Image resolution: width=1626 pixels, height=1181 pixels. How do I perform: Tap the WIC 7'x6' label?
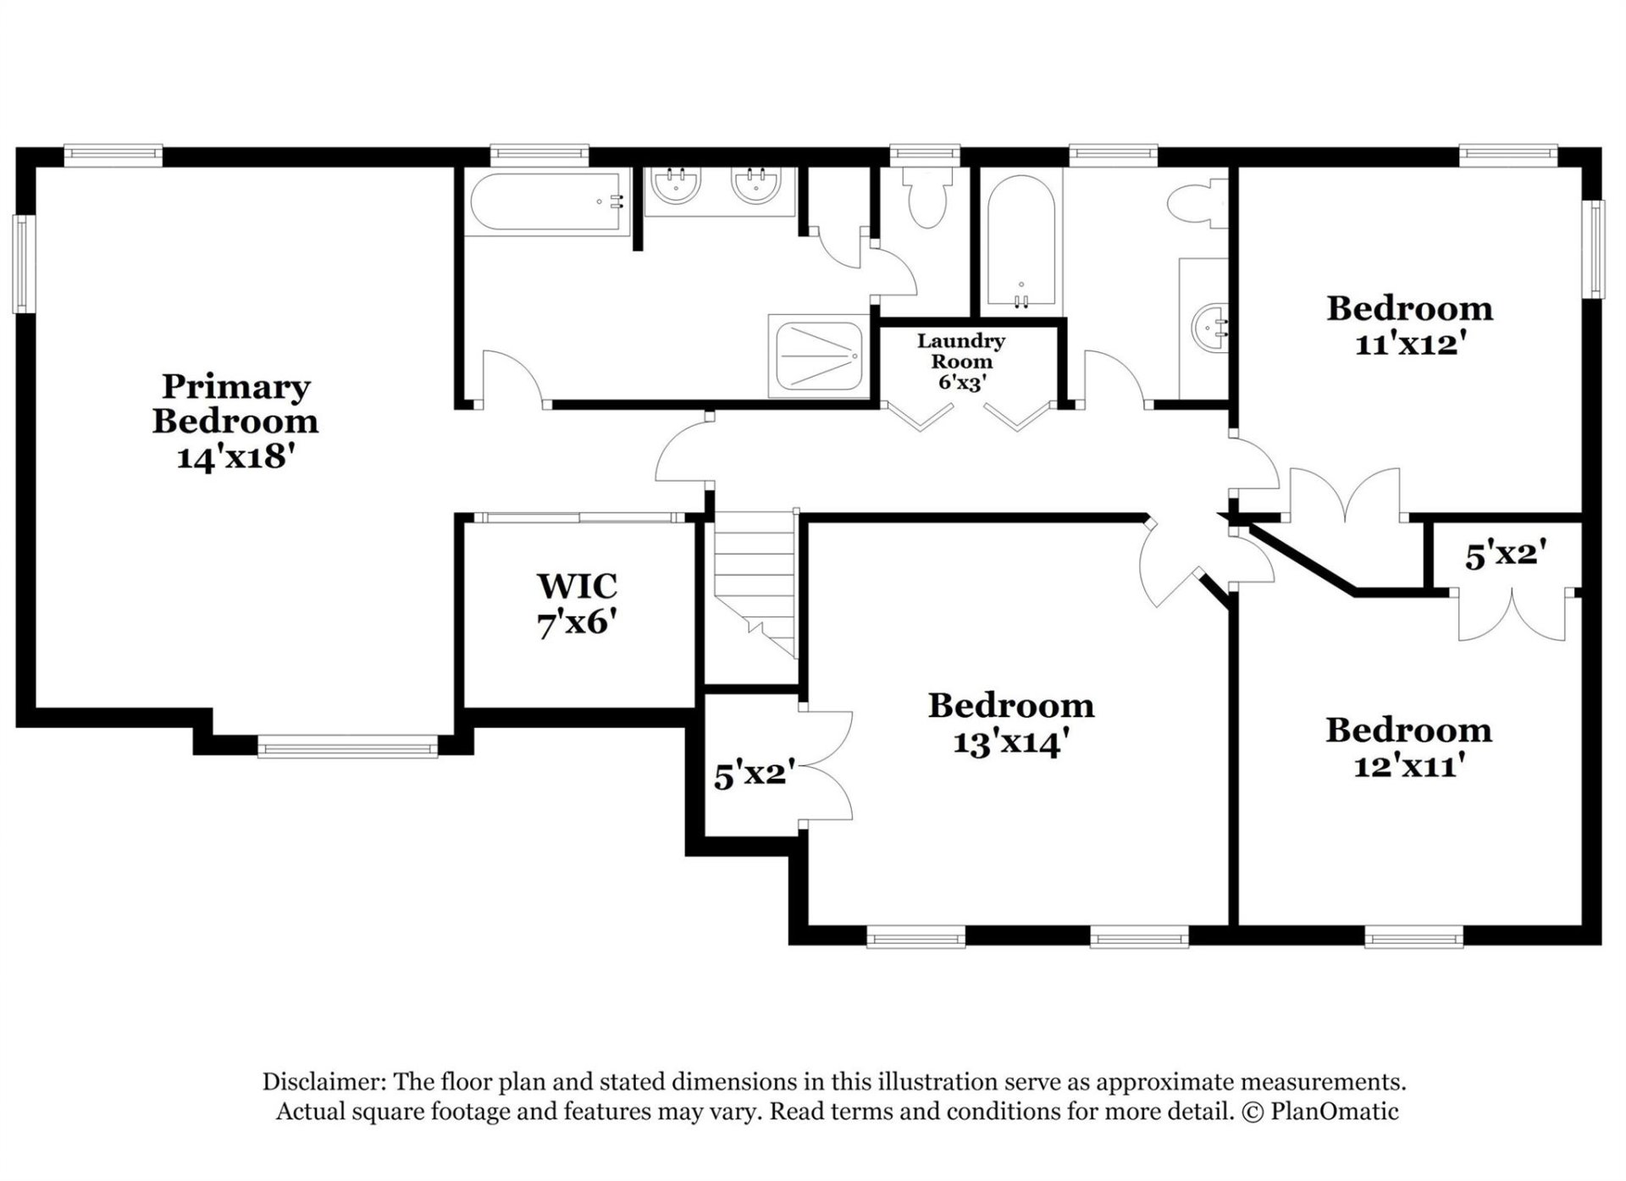pyautogui.click(x=576, y=604)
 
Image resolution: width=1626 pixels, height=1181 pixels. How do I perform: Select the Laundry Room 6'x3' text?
pyautogui.click(x=960, y=361)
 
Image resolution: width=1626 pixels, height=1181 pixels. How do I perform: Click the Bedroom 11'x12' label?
pyautogui.click(x=1409, y=326)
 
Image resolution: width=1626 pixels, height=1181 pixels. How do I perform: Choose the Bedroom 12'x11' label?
pyautogui.click(x=1408, y=748)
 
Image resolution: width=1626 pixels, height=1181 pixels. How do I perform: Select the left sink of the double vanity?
pyautogui.click(x=675, y=185)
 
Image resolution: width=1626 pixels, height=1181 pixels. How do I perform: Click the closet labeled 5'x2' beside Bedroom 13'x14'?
pyautogui.click(x=750, y=774)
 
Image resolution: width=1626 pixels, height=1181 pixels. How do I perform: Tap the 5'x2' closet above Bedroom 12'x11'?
pyautogui.click(x=1506, y=555)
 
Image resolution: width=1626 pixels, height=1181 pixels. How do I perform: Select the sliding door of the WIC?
pyautogui.click(x=579, y=517)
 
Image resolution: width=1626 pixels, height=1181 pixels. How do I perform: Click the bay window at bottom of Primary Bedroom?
pyautogui.click(x=347, y=747)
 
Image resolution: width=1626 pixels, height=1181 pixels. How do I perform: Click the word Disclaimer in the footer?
pyautogui.click(x=323, y=1082)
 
